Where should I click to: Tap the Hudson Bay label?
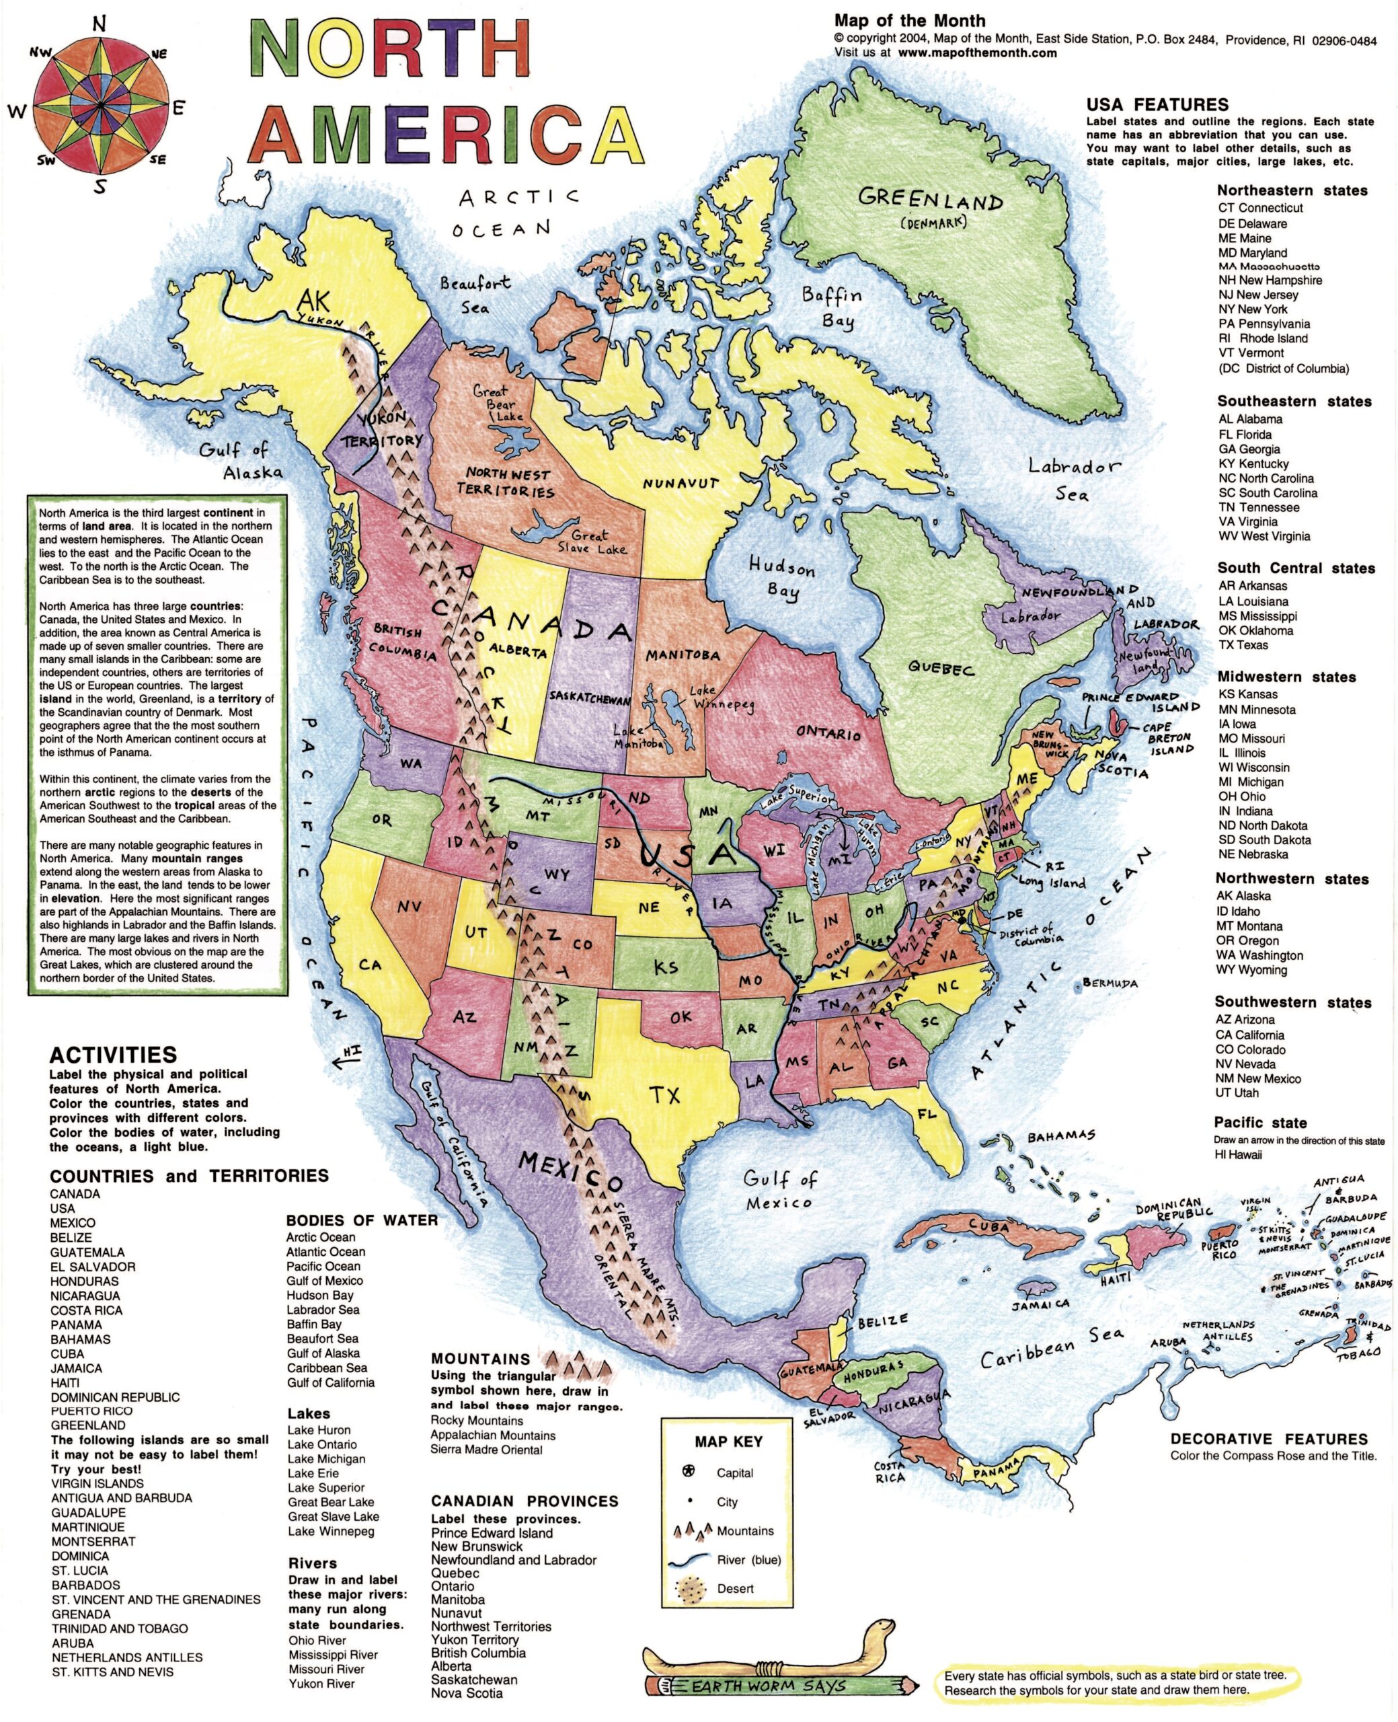pos(781,578)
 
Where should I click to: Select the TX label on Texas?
pos(664,1094)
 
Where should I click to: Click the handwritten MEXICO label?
pos(570,1171)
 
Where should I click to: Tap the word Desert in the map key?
pos(735,1588)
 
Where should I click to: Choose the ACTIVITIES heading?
pos(113,1054)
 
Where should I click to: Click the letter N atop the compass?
pos(99,23)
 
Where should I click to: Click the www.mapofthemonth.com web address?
pos(977,52)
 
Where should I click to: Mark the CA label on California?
pos(370,964)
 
